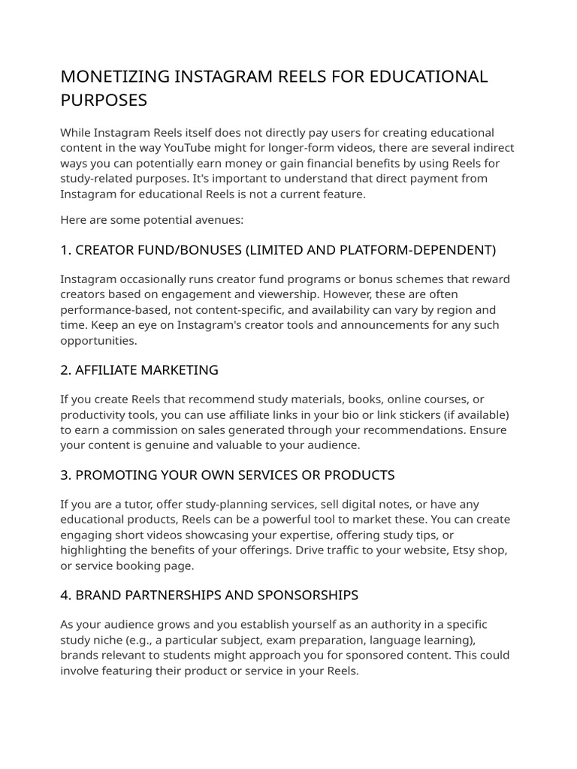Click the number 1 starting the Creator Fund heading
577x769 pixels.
64,249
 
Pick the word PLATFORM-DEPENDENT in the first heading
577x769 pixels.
425,249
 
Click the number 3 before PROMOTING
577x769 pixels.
65,475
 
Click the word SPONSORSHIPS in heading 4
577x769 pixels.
308,596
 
